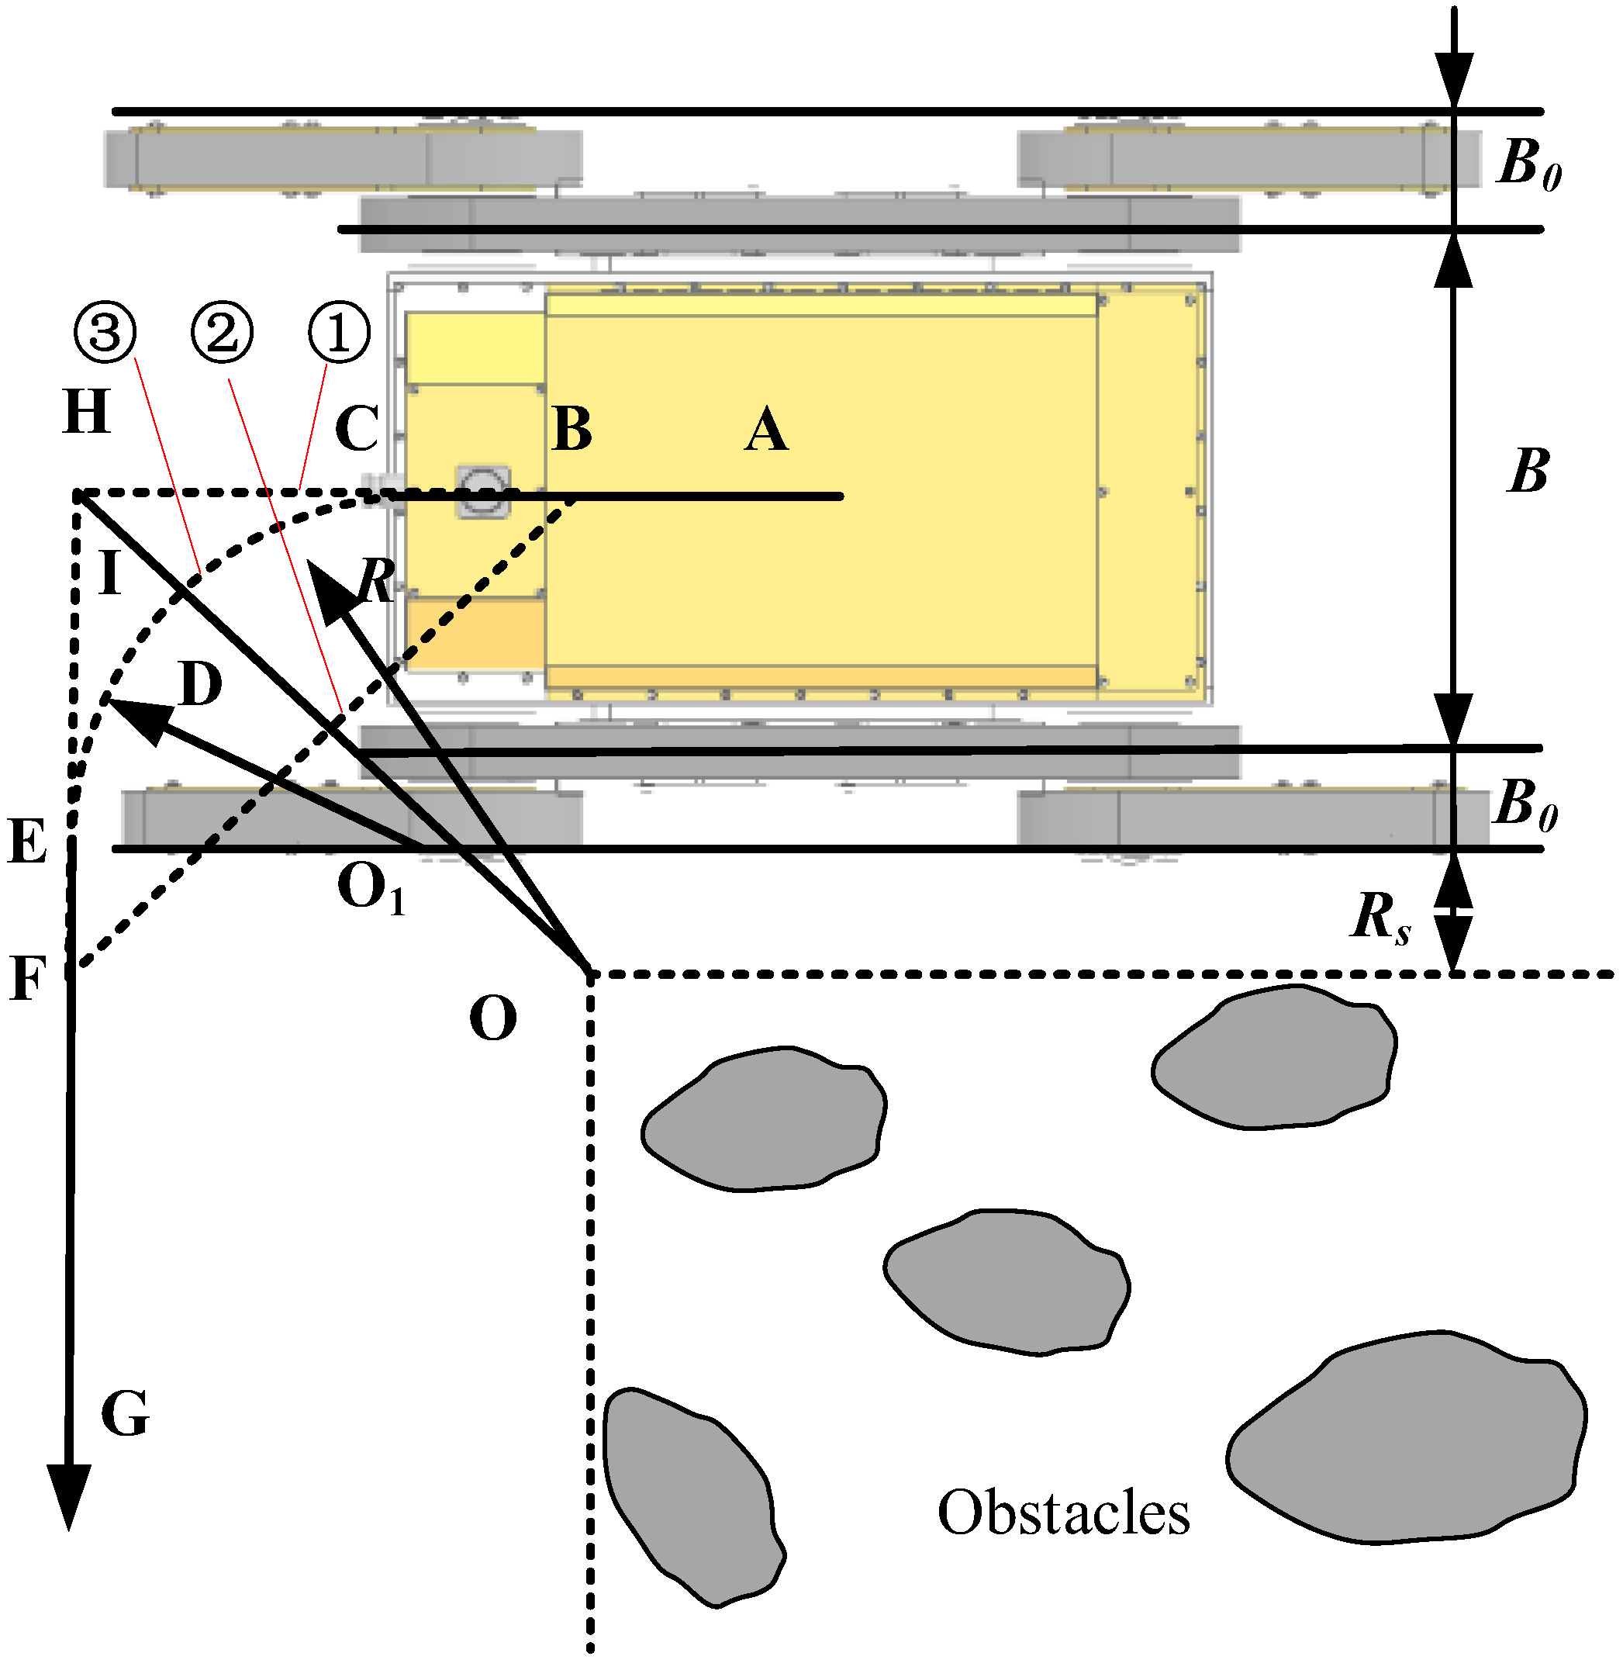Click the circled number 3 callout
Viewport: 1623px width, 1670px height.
click(105, 333)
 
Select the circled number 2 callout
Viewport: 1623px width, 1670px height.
click(222, 333)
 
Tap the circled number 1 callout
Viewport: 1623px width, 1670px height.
click(338, 333)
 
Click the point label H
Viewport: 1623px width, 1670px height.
click(87, 413)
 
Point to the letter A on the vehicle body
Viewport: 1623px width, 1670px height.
click(765, 430)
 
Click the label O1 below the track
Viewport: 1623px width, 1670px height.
click(371, 888)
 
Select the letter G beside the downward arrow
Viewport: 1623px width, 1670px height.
click(126, 1414)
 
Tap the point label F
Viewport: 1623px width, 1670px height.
click(27, 979)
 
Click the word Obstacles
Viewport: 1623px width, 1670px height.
click(1064, 1513)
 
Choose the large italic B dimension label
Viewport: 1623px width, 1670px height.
click(1529, 471)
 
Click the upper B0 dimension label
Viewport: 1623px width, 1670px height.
click(1529, 164)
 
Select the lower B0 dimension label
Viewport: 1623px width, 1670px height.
click(1526, 804)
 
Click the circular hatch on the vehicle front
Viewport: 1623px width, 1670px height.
click(484, 490)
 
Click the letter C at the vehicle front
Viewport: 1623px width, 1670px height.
click(356, 429)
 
